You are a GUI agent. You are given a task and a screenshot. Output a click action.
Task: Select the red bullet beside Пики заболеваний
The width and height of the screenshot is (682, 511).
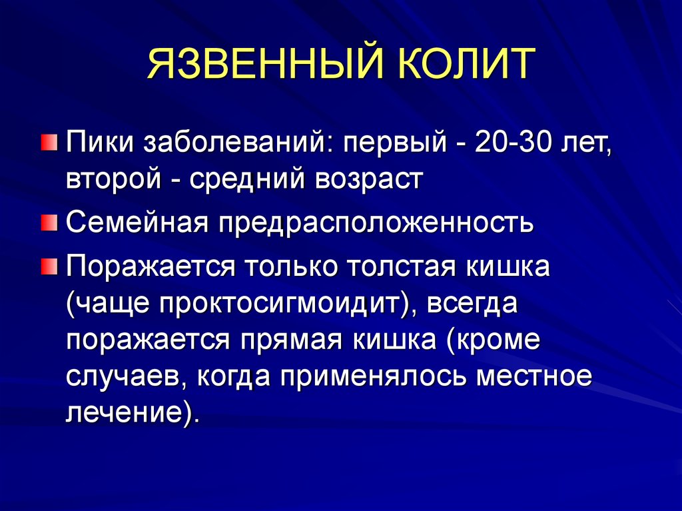coord(49,142)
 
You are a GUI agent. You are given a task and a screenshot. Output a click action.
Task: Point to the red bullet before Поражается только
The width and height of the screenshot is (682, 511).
coord(49,266)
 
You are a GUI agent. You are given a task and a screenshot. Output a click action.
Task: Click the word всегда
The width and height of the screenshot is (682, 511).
coord(472,304)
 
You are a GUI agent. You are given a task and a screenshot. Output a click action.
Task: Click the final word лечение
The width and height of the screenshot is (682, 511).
coord(124,412)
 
